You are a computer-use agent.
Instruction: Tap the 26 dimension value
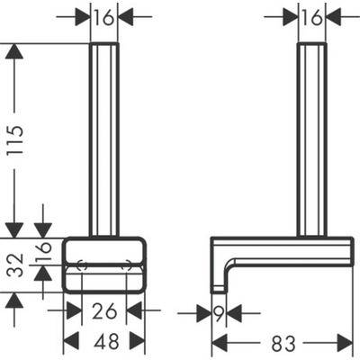[x=103, y=310]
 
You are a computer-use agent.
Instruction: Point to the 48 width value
[x=103, y=343]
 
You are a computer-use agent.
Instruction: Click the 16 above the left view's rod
[x=103, y=16]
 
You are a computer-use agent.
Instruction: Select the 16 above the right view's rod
[x=311, y=16]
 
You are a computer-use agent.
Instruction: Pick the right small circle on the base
[x=128, y=267]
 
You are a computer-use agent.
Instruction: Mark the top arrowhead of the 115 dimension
[x=13, y=52]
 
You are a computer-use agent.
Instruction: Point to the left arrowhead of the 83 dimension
[x=219, y=343]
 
